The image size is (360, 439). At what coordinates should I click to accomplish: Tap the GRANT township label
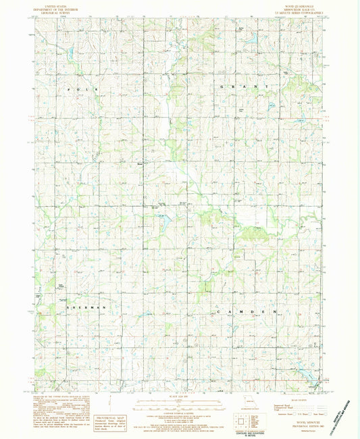click(245, 88)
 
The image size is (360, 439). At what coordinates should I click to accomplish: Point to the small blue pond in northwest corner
click(70, 51)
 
